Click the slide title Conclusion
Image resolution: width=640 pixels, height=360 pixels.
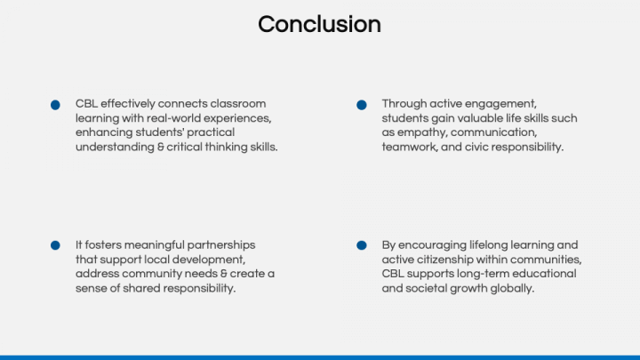coord(319,24)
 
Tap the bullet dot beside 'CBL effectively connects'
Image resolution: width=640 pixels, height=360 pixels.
coord(55,105)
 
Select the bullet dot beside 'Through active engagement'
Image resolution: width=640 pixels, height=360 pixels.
coord(362,105)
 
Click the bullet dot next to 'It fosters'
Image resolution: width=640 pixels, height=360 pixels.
coord(55,245)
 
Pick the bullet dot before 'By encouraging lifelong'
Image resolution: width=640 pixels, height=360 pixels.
coord(362,245)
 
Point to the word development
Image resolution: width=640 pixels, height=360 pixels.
coord(208,259)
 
